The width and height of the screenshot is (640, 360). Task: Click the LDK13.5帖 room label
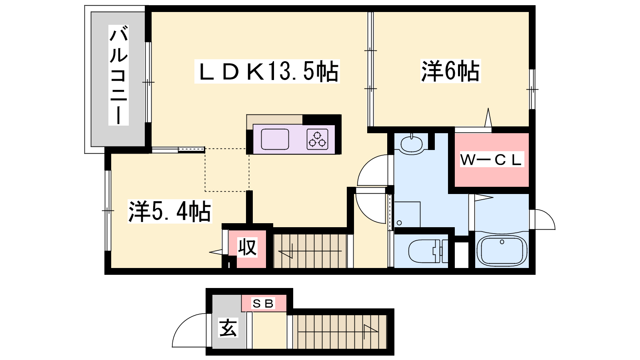click(x=267, y=72)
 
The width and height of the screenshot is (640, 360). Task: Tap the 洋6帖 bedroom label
click(x=450, y=72)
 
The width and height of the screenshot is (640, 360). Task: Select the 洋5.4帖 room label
click(x=169, y=212)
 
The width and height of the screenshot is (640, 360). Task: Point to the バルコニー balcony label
click(x=118, y=75)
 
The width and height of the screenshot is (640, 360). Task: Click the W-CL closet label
click(x=491, y=160)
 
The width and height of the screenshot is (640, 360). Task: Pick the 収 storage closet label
click(x=247, y=247)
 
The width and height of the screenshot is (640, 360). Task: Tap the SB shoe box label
click(x=263, y=304)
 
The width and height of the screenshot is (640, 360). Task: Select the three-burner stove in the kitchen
click(x=318, y=139)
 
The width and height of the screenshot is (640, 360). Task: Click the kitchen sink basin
click(x=275, y=139)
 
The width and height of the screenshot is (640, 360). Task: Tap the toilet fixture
click(x=426, y=251)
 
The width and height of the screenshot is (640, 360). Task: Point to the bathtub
click(x=502, y=250)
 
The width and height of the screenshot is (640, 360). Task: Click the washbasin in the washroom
click(x=411, y=144)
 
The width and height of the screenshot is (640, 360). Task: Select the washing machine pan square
click(x=407, y=214)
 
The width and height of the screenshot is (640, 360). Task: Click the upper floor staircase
click(x=310, y=251)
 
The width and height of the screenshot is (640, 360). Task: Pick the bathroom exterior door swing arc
click(x=544, y=219)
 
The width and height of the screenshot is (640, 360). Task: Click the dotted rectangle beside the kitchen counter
click(x=227, y=170)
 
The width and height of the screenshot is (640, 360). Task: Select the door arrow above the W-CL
click(x=488, y=118)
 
